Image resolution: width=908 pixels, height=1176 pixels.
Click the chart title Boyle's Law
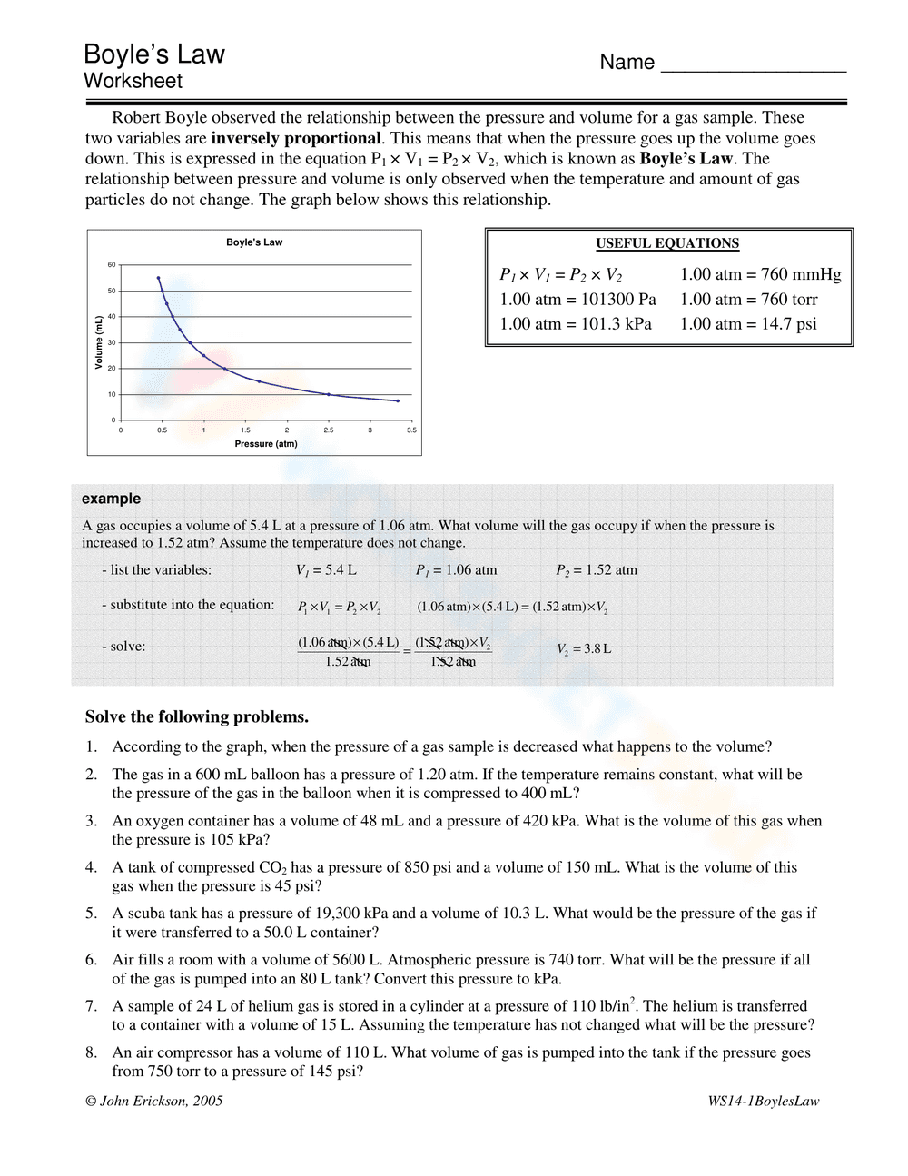pyautogui.click(x=254, y=242)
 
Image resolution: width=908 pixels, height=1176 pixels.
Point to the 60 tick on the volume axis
pyautogui.click(x=112, y=265)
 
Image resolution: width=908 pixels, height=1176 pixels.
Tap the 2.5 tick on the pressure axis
pyautogui.click(x=329, y=430)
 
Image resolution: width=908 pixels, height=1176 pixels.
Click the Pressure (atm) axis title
pyautogui.click(x=266, y=444)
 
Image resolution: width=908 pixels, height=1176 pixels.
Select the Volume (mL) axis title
pyautogui.click(x=99, y=341)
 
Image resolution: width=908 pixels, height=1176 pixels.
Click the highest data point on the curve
pyautogui.click(x=158, y=278)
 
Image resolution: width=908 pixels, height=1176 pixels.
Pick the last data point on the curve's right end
pyautogui.click(x=398, y=400)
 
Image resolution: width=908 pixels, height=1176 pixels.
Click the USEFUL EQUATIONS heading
pyautogui.click(x=667, y=243)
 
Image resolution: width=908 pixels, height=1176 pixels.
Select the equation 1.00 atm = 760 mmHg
pyautogui.click(x=760, y=274)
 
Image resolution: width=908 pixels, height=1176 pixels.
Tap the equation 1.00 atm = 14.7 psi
pyautogui.click(x=748, y=324)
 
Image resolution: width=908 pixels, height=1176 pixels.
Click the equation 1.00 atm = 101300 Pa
pyautogui.click(x=577, y=300)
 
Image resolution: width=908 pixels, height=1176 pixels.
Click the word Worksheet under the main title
pyautogui.click(x=133, y=81)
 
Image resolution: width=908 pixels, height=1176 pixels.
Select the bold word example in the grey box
pyautogui.click(x=111, y=499)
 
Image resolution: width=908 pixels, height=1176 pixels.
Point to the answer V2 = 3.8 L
pyautogui.click(x=584, y=649)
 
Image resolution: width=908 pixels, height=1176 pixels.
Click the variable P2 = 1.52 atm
pyautogui.click(x=597, y=570)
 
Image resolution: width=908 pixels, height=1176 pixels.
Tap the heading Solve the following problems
pyautogui.click(x=197, y=716)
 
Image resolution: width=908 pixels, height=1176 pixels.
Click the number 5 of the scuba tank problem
pyautogui.click(x=91, y=914)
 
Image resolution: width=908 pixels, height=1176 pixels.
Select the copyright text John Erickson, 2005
pyautogui.click(x=153, y=1101)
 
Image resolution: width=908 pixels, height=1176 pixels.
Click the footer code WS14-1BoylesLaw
pyautogui.click(x=764, y=1101)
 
